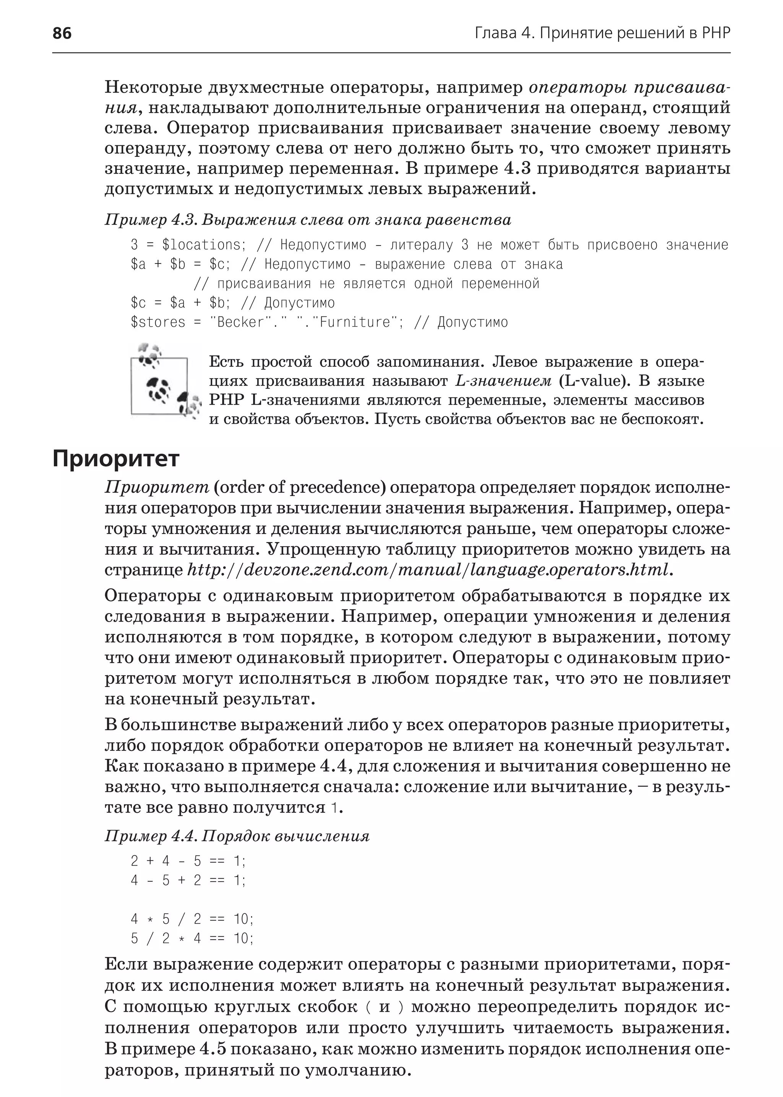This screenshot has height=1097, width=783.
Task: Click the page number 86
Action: [x=62, y=33]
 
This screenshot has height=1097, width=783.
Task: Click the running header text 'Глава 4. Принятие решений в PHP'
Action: [x=602, y=33]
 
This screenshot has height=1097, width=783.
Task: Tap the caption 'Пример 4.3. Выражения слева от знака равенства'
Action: [x=308, y=220]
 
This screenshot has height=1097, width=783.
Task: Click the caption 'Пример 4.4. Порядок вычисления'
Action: [x=237, y=836]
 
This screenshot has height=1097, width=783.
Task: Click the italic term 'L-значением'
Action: [x=504, y=381]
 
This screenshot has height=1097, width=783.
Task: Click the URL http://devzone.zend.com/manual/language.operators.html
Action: [x=427, y=570]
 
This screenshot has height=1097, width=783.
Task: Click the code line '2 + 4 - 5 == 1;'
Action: [x=188, y=861]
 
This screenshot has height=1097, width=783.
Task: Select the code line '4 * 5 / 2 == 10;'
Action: [x=192, y=919]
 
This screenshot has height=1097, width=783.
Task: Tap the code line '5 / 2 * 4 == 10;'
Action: [x=192, y=938]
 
